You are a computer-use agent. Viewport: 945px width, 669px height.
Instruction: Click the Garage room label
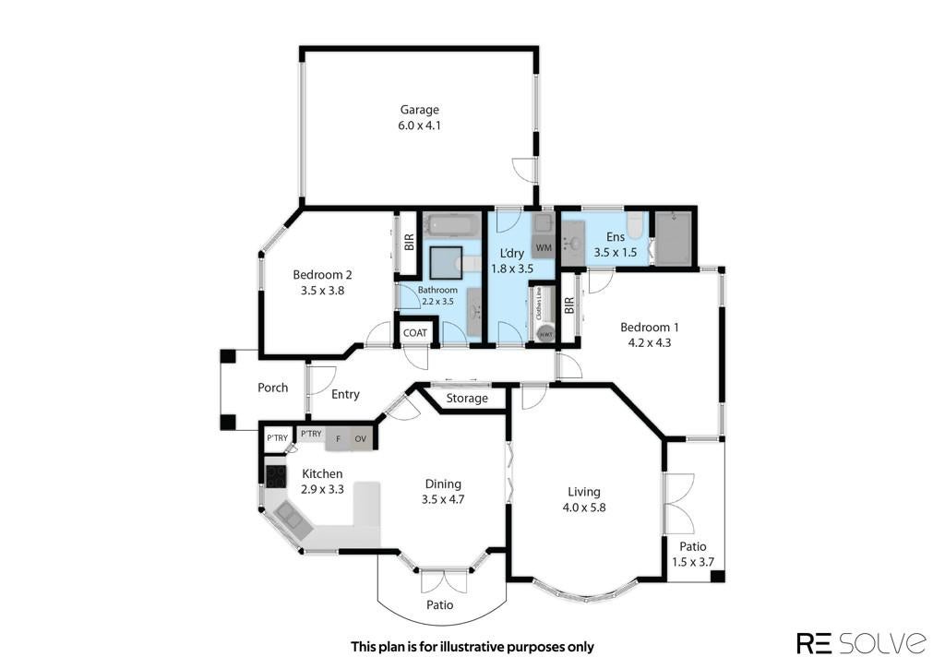(420, 110)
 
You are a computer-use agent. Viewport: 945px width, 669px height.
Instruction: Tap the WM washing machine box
(544, 247)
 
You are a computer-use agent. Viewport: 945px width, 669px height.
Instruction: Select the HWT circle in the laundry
(545, 334)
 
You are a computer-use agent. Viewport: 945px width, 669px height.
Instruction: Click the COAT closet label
(414, 333)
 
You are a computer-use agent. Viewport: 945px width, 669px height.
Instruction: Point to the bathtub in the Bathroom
(452, 225)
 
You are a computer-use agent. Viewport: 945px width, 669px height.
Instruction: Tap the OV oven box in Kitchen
(361, 438)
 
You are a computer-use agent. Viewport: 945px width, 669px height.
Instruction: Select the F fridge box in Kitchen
(338, 438)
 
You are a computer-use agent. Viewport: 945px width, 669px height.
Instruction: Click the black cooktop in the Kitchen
(275, 477)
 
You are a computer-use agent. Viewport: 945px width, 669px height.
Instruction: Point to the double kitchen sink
(293, 520)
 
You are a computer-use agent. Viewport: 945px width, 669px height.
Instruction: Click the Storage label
(467, 399)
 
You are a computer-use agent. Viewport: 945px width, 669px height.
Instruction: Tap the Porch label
(273, 388)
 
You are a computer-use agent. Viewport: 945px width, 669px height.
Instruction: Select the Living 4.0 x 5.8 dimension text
(584, 508)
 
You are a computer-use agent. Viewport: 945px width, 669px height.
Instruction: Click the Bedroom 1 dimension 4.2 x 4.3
(650, 343)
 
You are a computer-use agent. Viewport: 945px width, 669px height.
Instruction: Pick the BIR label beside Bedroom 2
(410, 243)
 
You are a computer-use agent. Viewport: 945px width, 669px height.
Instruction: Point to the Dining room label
(444, 484)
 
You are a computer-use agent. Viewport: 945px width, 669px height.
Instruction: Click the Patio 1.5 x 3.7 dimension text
(693, 562)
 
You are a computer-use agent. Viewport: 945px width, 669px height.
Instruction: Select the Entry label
(345, 394)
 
